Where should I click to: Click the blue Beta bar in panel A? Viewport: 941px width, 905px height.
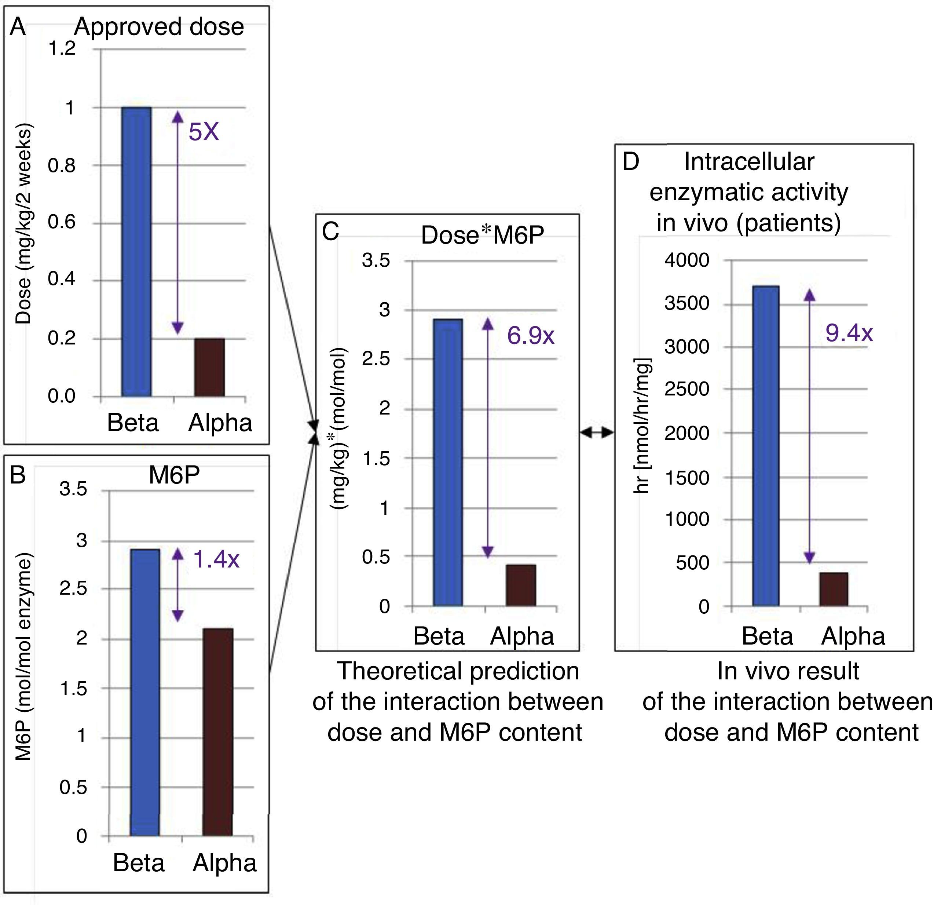(136, 252)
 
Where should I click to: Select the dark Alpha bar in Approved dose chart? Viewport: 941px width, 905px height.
(209, 368)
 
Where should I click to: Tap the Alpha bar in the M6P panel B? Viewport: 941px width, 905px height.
(217, 732)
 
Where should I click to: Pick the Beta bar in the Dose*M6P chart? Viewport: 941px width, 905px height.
(447, 462)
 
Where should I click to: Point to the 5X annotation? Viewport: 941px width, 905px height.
(204, 132)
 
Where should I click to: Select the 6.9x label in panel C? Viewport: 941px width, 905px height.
(531, 335)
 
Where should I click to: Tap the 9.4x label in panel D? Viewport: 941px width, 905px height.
(849, 333)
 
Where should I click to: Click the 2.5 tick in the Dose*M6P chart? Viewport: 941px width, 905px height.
(376, 359)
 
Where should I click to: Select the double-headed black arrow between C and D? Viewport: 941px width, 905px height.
(597, 433)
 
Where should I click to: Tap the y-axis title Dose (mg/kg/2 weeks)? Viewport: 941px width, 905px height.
(23, 223)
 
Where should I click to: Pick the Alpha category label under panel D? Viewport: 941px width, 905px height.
(853, 636)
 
